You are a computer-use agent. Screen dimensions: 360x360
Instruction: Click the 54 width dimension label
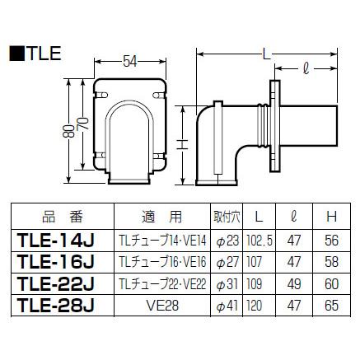point(130,61)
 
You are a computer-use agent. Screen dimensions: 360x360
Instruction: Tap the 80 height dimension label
point(68,131)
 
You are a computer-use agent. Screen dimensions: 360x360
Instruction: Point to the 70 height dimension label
point(82,124)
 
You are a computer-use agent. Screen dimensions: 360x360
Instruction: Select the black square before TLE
point(17,54)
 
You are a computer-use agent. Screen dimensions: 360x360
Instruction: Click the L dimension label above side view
point(266,54)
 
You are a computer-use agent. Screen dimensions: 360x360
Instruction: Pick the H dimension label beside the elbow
point(182,144)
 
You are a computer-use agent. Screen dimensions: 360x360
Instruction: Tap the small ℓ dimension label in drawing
point(306,68)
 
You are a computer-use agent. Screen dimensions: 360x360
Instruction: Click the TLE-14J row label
point(55,241)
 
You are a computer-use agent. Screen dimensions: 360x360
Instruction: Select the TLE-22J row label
point(55,283)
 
